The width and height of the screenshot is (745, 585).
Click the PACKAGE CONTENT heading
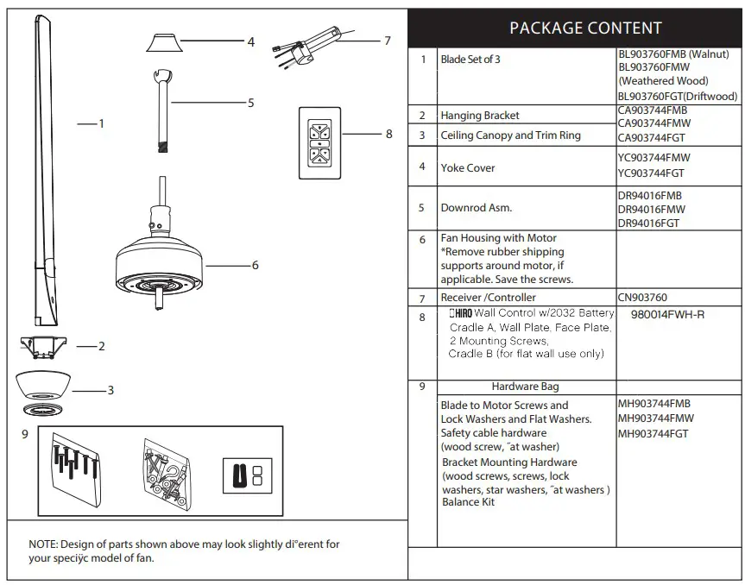point(585,28)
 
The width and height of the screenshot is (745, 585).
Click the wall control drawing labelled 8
point(319,142)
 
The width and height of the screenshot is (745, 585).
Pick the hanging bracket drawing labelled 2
point(41,347)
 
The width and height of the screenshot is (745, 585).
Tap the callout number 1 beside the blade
point(101,123)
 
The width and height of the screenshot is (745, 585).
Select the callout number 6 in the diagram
point(255,266)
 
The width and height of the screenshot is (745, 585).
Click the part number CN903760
point(642,298)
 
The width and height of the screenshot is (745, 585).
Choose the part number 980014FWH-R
point(667,315)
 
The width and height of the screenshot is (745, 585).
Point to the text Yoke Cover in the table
point(468,168)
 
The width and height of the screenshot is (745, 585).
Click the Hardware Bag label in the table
point(525,387)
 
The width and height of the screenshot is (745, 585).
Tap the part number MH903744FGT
point(653,434)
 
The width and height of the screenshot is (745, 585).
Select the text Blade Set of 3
point(470,60)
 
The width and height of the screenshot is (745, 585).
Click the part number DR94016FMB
point(650,196)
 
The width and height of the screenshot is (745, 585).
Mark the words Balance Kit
point(468,502)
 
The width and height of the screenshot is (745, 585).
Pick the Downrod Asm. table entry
point(477,208)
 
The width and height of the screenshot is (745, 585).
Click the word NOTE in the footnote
point(42,544)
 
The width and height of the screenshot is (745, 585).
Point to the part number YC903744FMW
point(653,158)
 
